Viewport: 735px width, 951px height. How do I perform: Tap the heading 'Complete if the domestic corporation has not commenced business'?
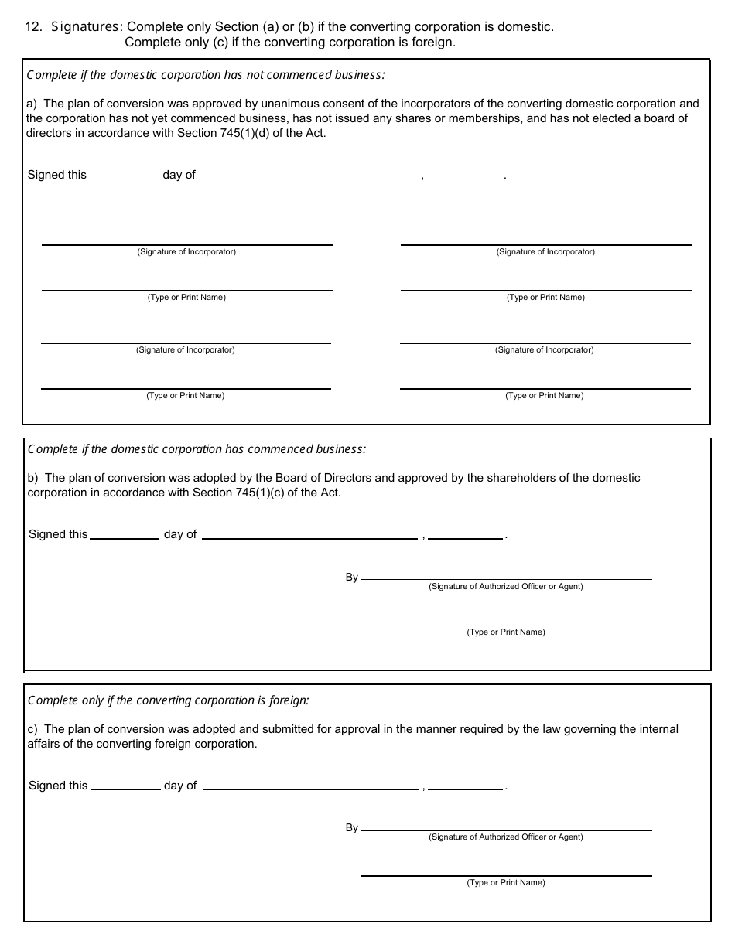[206, 75]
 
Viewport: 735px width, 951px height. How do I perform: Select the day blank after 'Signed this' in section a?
[124, 175]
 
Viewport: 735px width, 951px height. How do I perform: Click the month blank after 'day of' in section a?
[308, 175]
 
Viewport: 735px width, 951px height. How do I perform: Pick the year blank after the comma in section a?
[464, 175]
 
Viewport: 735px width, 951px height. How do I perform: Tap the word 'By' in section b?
[352, 577]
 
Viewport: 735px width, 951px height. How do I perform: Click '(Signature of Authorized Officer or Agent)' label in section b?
[506, 587]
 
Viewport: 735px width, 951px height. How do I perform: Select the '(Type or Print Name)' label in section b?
[506, 632]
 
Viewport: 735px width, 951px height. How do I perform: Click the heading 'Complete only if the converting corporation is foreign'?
[168, 700]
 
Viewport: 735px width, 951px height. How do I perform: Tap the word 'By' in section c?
[352, 827]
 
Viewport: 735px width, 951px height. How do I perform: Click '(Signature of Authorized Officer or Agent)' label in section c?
[506, 837]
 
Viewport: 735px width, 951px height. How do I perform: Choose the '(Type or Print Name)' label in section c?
[506, 883]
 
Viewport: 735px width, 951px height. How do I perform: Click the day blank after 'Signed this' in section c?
[125, 786]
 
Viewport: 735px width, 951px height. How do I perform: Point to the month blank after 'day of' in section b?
[309, 534]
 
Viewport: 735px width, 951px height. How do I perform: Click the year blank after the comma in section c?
[465, 786]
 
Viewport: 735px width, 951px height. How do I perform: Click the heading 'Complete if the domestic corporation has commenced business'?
[197, 449]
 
